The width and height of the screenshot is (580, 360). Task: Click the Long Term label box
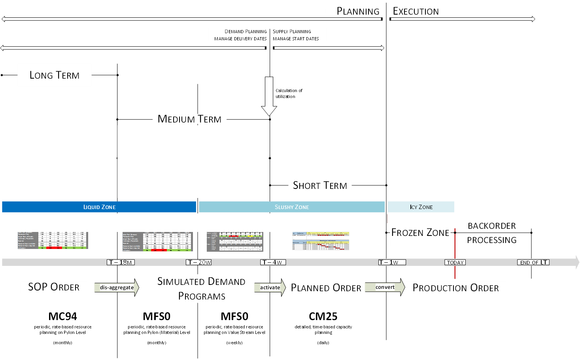click(55, 75)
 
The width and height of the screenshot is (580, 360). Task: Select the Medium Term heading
click(190, 119)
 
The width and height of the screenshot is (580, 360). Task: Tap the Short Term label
click(320, 185)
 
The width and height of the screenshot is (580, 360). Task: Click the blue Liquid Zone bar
click(99, 207)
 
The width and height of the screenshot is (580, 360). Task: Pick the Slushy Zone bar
click(291, 207)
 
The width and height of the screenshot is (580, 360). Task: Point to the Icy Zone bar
click(421, 207)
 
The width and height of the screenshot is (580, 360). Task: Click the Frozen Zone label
click(420, 233)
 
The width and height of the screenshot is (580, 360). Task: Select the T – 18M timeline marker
click(121, 262)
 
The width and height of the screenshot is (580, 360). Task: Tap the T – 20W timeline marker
click(199, 262)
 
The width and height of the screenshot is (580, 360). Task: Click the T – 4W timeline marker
click(273, 262)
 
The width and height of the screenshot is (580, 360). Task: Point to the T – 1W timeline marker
click(392, 262)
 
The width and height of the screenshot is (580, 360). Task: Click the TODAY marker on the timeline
click(455, 262)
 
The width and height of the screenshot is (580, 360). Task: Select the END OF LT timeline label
click(533, 262)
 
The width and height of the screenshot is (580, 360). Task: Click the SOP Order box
click(54, 287)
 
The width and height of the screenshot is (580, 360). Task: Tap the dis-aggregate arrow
click(116, 287)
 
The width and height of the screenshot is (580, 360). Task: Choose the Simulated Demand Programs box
click(202, 288)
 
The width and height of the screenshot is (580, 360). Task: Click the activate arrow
click(270, 287)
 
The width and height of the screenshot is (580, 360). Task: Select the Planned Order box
click(326, 288)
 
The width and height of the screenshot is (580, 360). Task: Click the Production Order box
click(455, 288)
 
